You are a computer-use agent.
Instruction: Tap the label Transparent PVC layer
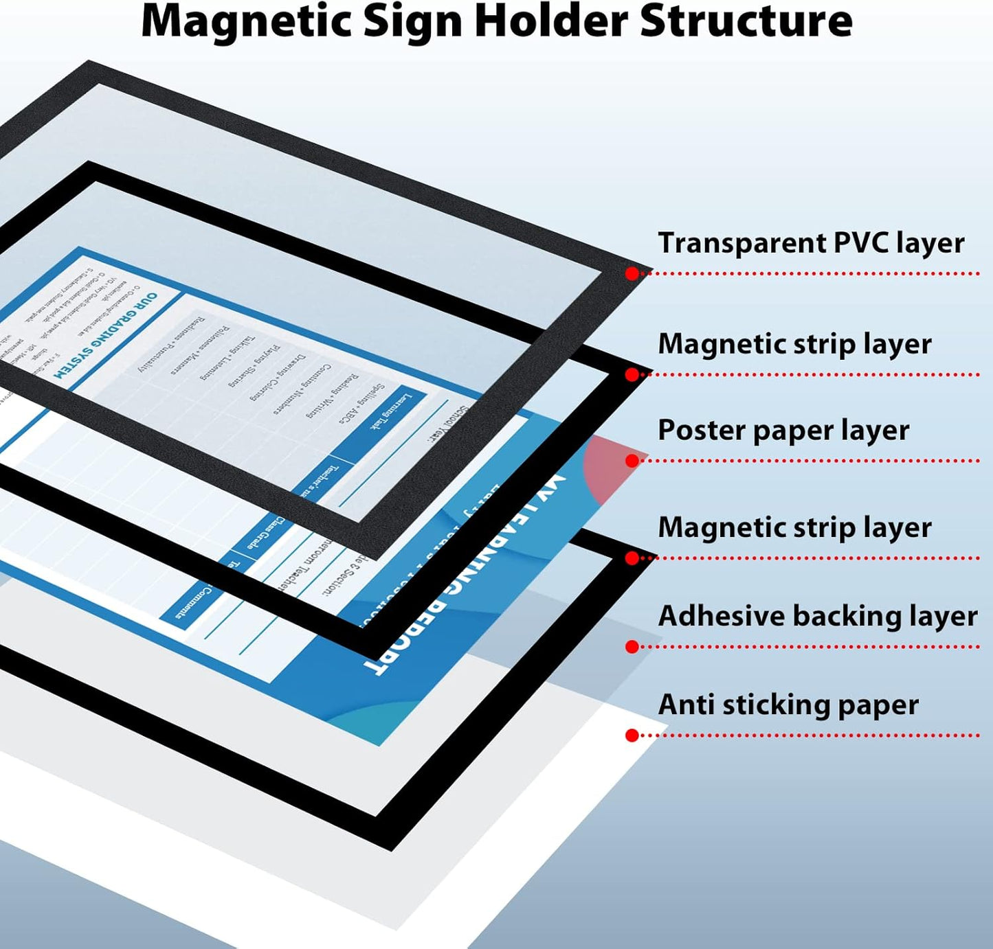point(811,243)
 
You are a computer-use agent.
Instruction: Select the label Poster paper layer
point(783,431)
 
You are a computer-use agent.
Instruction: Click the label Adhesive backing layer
point(818,616)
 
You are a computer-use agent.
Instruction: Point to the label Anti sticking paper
point(788,705)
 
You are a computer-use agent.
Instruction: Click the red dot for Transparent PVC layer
point(632,273)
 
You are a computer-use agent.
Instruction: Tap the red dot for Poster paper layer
point(632,461)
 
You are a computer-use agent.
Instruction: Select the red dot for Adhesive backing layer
point(632,646)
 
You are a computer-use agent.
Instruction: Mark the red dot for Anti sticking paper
point(632,735)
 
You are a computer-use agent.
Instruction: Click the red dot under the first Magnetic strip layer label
point(632,374)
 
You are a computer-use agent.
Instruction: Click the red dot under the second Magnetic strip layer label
point(632,558)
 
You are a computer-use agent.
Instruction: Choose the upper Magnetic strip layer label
point(794,344)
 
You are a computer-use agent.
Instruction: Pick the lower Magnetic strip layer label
point(794,527)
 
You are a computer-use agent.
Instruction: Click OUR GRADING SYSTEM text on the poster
point(107,336)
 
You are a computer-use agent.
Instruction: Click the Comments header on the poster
point(194,603)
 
